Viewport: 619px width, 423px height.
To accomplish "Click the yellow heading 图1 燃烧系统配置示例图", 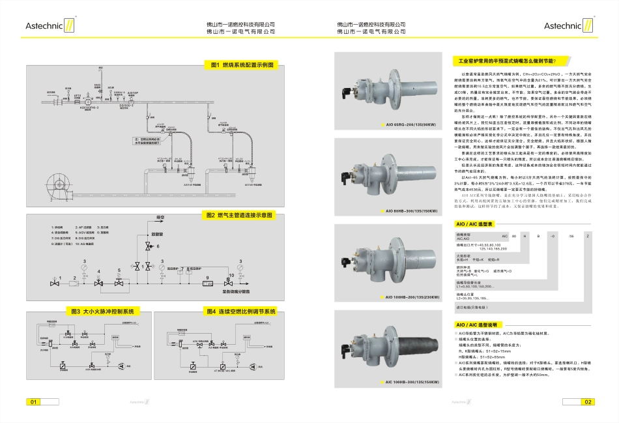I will [241, 65].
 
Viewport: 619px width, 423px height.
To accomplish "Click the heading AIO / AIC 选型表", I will [474, 223].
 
